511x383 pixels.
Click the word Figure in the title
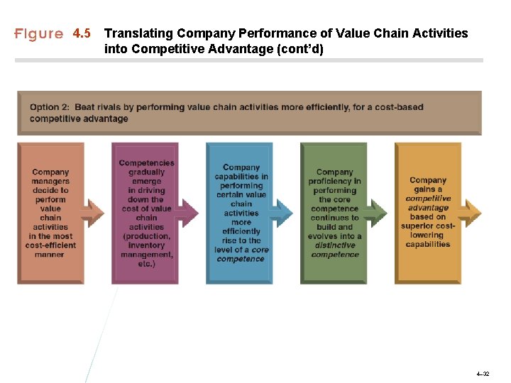39,34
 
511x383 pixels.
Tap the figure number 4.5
82,33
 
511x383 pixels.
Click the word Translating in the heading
139,33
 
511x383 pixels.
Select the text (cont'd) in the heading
298,49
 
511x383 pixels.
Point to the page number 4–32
483,373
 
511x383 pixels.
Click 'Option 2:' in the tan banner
50,107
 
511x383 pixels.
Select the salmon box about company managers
50,213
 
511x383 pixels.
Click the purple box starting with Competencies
145,213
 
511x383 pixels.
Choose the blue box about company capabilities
239,213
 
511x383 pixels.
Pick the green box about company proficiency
334,213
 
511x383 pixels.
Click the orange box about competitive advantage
427,213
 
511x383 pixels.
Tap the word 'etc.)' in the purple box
146,264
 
